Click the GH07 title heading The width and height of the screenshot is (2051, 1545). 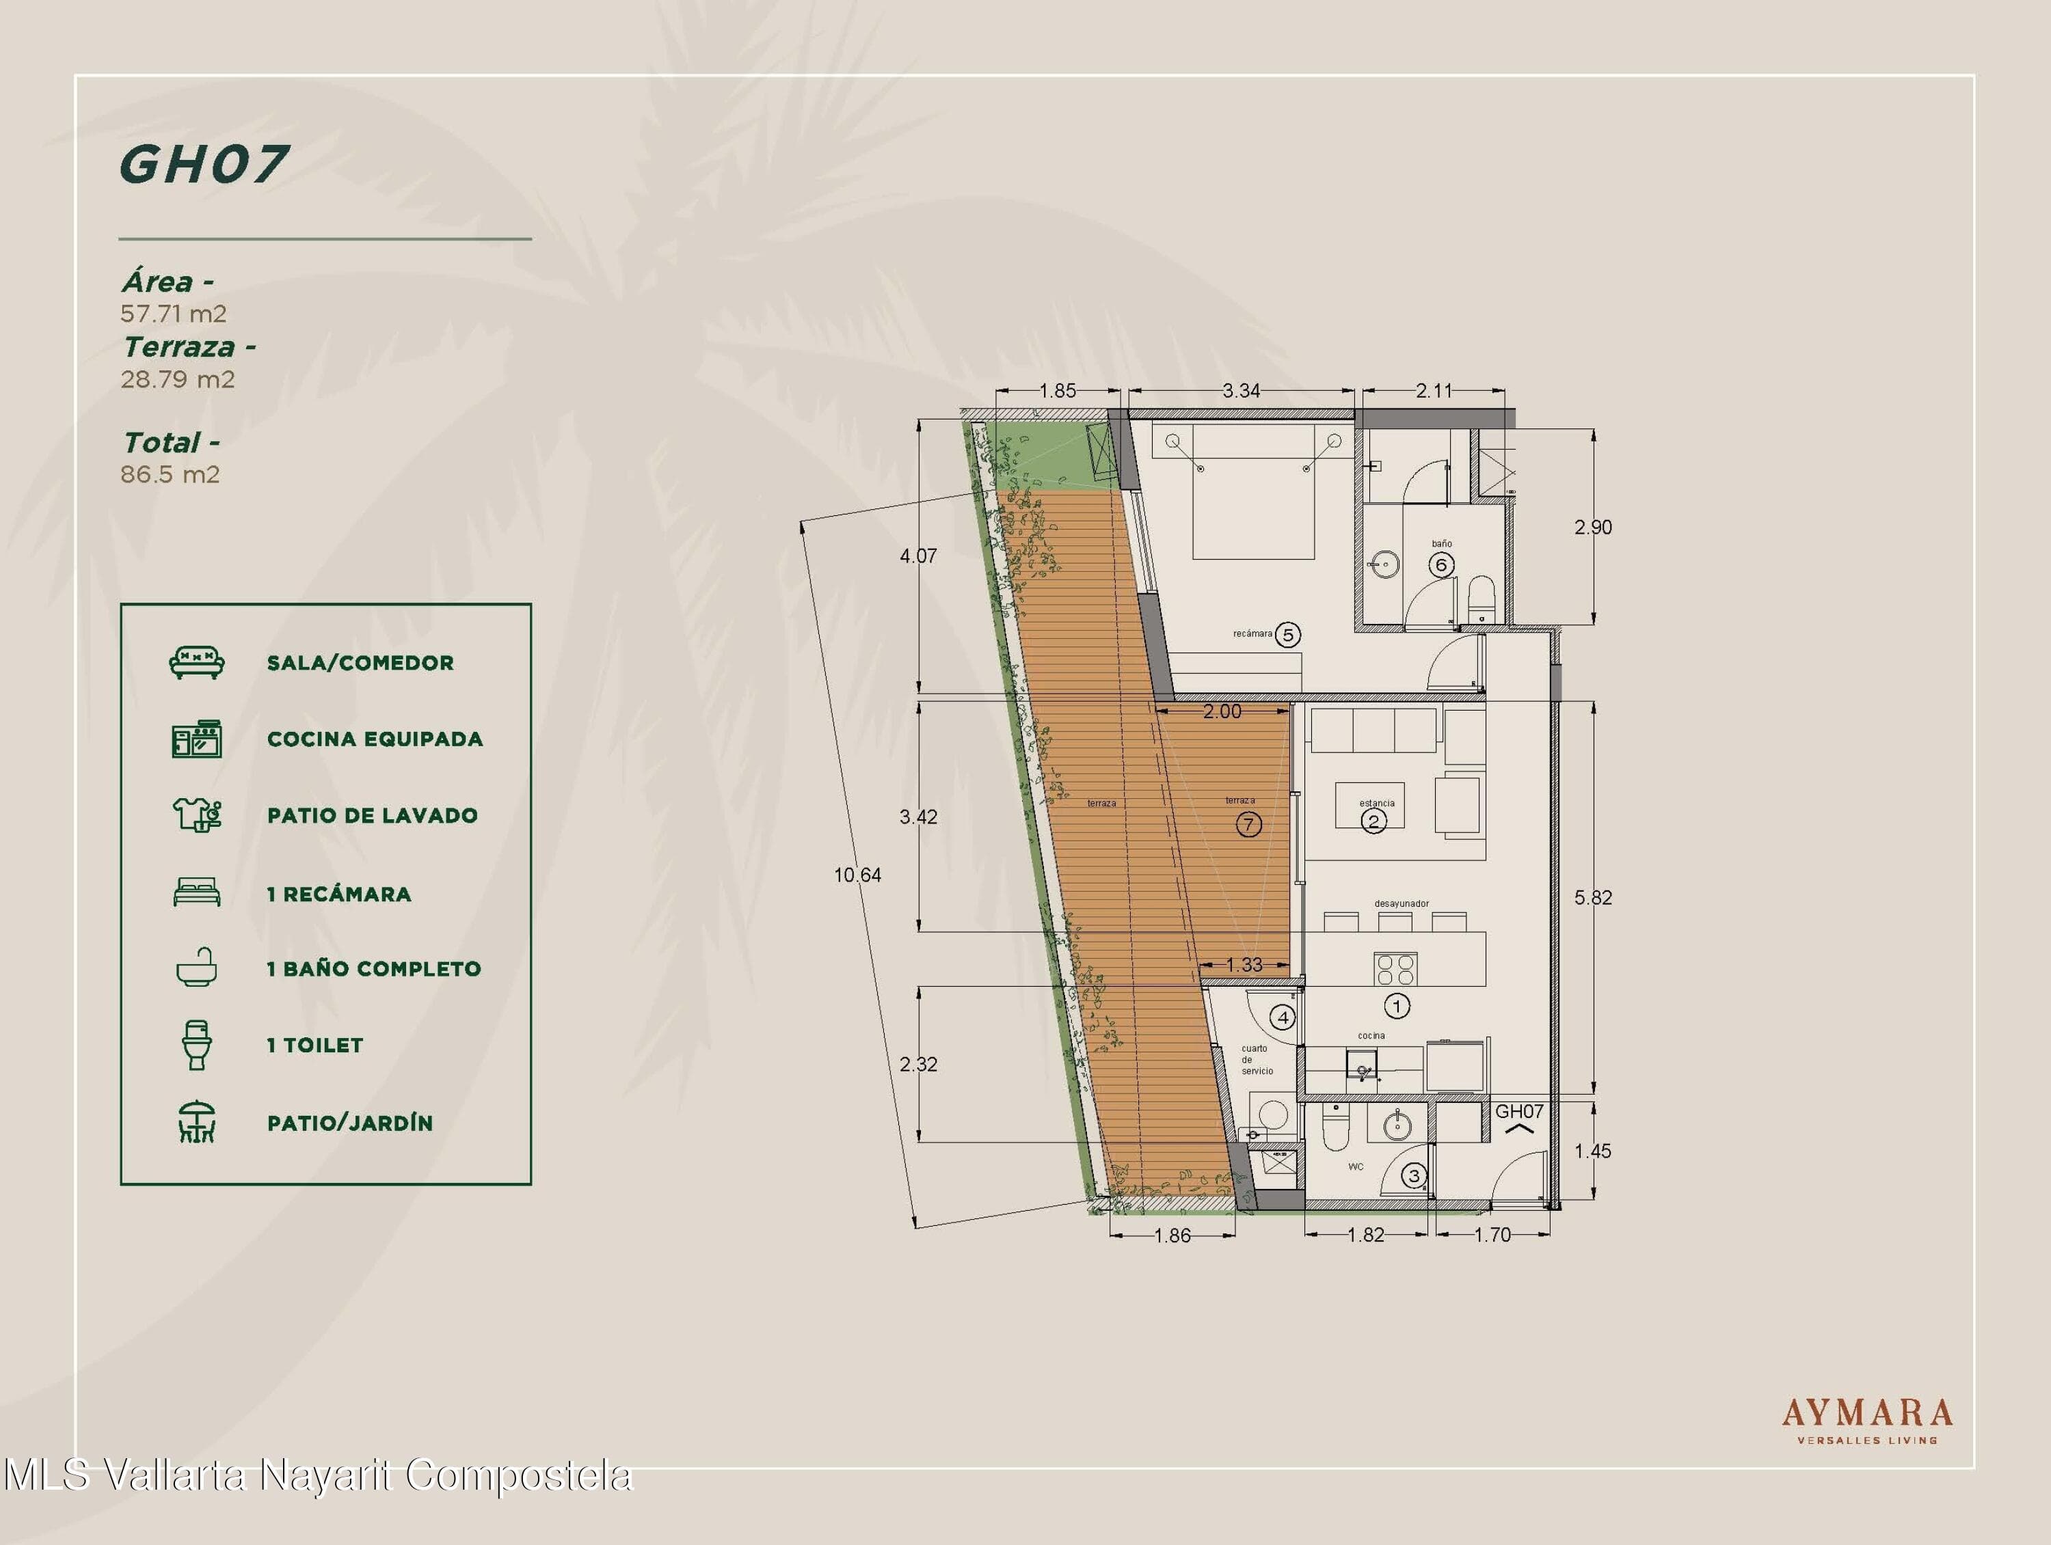pyautogui.click(x=203, y=164)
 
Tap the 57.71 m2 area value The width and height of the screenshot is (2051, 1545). pyautogui.click(x=174, y=314)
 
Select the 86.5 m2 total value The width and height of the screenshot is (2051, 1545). pyautogui.click(x=170, y=474)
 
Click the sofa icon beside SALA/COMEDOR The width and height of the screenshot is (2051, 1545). pyautogui.click(x=197, y=663)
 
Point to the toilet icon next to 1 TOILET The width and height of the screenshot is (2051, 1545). pyautogui.click(x=197, y=1045)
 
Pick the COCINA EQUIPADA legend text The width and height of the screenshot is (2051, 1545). pyautogui.click(x=375, y=739)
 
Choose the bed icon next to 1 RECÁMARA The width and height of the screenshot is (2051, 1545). pyautogui.click(x=197, y=892)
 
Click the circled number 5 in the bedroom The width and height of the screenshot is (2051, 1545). pyautogui.click(x=1287, y=635)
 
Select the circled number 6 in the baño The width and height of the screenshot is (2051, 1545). pyautogui.click(x=1441, y=564)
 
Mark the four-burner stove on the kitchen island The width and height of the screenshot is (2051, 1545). pyautogui.click(x=1395, y=968)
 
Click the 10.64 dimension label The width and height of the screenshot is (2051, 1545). pyautogui.click(x=858, y=875)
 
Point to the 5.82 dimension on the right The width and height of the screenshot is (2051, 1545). pyautogui.click(x=1593, y=897)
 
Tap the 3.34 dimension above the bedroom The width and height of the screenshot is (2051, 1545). pyautogui.click(x=1241, y=391)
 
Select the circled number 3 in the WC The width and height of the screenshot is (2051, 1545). pyautogui.click(x=1414, y=1176)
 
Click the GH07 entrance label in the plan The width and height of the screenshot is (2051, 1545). pyautogui.click(x=1519, y=1111)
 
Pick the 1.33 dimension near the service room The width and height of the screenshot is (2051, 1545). pyautogui.click(x=1244, y=965)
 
